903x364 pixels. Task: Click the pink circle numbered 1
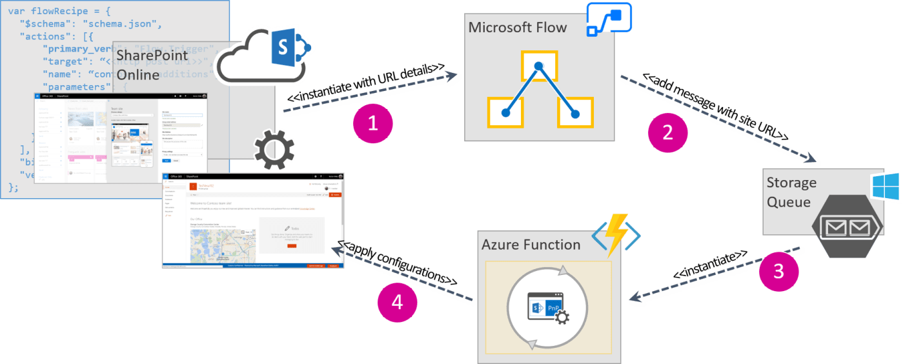click(372, 124)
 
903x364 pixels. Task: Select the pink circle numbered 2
click(667, 132)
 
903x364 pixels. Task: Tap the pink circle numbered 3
click(779, 272)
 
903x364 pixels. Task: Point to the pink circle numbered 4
click(397, 302)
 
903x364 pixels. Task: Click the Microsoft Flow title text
click(517, 28)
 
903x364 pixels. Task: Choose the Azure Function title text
click(531, 245)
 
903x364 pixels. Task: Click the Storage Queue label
click(791, 192)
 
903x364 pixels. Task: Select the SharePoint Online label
click(152, 65)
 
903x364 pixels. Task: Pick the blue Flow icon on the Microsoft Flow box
click(608, 19)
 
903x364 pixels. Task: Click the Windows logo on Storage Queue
click(885, 186)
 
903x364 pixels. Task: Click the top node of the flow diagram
click(539, 65)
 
